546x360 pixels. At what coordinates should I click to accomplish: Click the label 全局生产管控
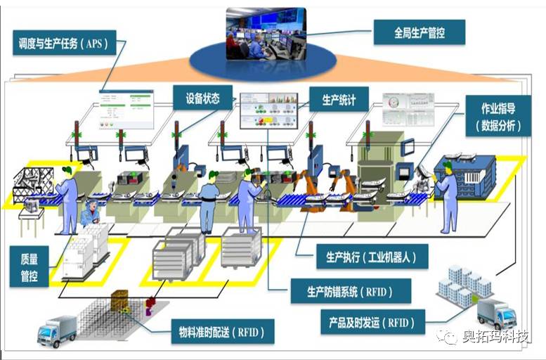tap(419, 32)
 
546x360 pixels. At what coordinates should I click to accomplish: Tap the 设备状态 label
tap(202, 99)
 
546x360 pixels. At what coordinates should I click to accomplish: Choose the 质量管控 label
tap(29, 266)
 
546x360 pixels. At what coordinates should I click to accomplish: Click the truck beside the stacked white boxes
tap(496, 314)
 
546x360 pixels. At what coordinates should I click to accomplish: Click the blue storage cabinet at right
tap(469, 174)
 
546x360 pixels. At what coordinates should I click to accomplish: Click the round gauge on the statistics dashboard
tap(394, 102)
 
